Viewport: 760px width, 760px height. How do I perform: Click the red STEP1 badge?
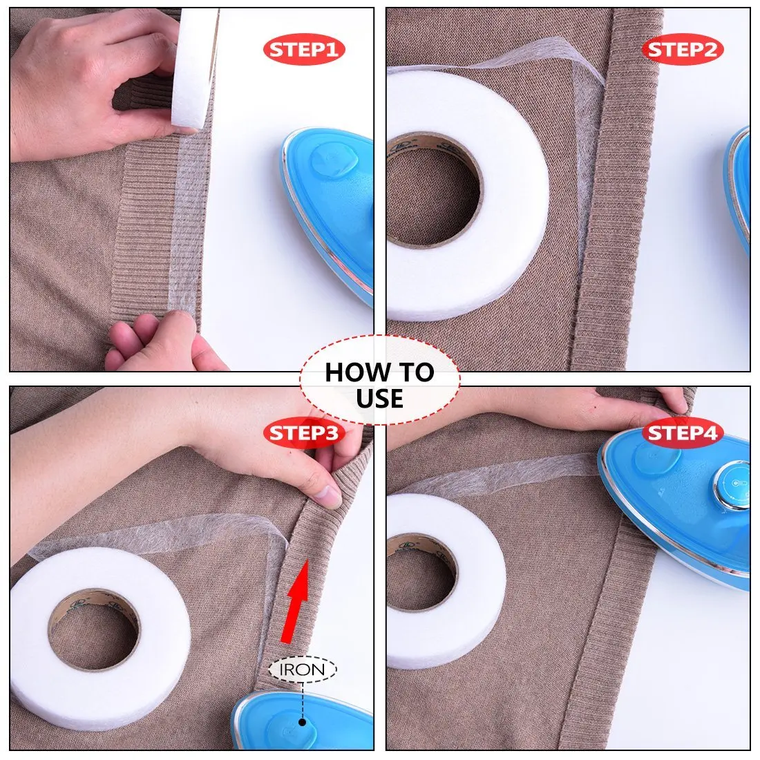coord(303,50)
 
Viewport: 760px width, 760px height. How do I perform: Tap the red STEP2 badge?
coord(682,50)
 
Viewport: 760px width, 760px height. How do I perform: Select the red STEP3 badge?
coord(303,433)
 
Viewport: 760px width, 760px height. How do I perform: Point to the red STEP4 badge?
coord(682,433)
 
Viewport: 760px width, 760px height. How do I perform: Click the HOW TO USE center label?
coord(379,385)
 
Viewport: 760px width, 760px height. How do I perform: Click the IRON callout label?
coord(303,669)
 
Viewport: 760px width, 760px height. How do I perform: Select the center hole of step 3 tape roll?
coord(95,632)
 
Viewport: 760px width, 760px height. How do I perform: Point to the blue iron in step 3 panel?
coord(304,719)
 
